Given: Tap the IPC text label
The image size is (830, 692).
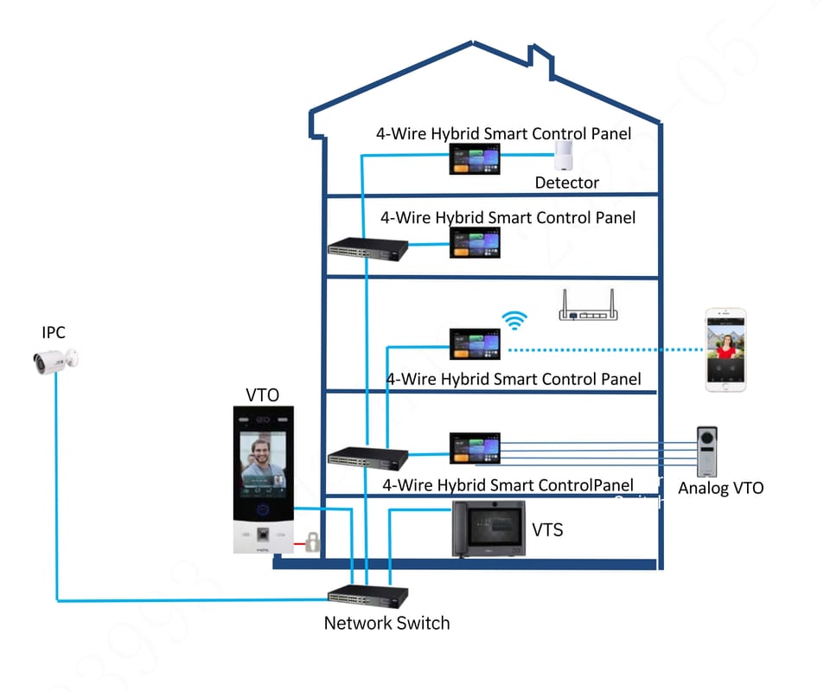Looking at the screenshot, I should pos(54,332).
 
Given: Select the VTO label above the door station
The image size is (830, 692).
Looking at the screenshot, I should pos(263,395).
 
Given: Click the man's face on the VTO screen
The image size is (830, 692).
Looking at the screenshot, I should pos(259,454).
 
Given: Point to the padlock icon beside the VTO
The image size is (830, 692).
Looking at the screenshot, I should pos(311,542).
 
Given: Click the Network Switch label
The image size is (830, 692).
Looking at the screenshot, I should pos(386,623).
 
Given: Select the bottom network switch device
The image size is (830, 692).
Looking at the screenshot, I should pos(368,594).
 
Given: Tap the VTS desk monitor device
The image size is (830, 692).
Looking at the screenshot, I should pos(489,529).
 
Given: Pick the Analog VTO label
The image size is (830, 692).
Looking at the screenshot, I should pos(720,489).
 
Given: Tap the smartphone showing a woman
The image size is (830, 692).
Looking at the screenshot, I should pos(725,351).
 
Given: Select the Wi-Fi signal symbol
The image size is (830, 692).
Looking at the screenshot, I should pos(515,321).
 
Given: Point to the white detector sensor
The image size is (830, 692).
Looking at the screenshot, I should pos(566,157).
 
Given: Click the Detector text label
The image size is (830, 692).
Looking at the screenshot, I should pos(566,183).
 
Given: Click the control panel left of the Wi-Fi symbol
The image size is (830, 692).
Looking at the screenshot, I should pos(475,344).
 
